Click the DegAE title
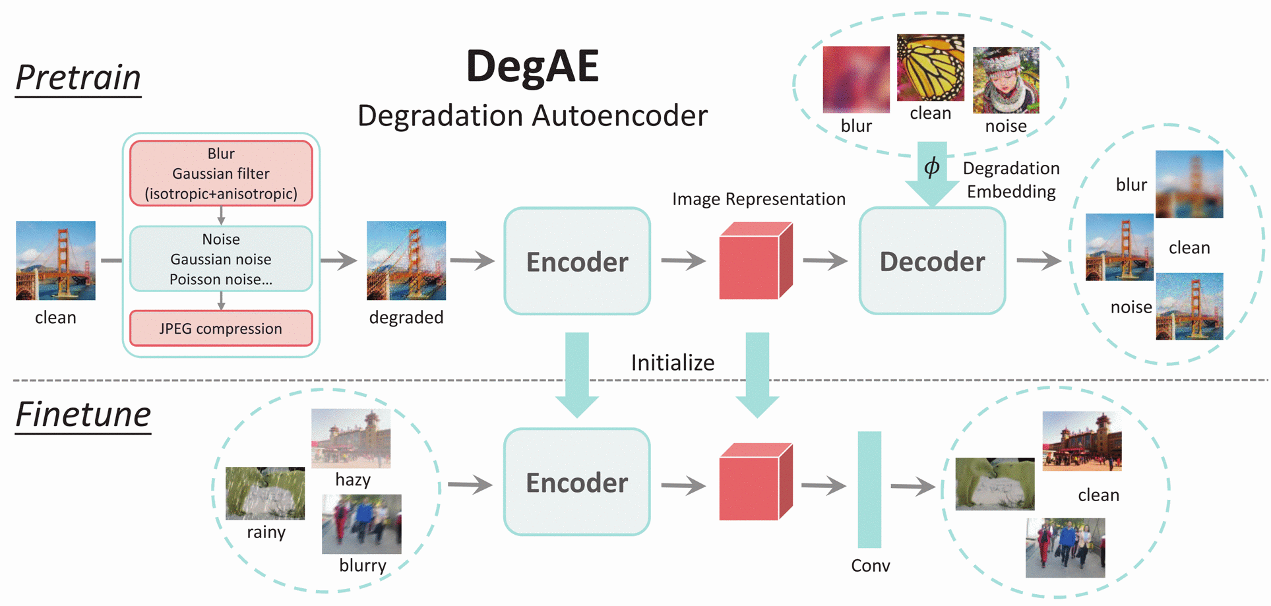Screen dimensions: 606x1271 (532, 67)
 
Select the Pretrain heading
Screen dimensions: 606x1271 (78, 78)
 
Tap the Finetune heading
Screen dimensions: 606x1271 (83, 415)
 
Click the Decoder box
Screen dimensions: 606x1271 (932, 261)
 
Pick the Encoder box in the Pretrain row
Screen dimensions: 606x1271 (577, 261)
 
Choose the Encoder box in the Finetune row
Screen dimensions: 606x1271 (577, 482)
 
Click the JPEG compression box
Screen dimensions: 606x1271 (221, 328)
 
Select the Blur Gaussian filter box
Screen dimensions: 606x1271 (221, 173)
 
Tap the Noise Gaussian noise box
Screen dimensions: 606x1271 (221, 259)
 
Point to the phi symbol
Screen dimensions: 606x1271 (931, 167)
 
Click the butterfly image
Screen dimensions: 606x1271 (930, 67)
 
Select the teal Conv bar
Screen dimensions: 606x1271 (869, 489)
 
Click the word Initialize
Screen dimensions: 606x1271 (672, 363)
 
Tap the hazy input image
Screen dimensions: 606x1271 (351, 438)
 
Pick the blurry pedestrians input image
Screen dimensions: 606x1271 (361, 524)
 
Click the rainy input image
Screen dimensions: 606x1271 (265, 493)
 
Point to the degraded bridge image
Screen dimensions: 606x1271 (406, 260)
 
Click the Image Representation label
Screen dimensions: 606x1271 (759, 199)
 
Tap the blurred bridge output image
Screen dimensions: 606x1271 (1189, 184)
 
